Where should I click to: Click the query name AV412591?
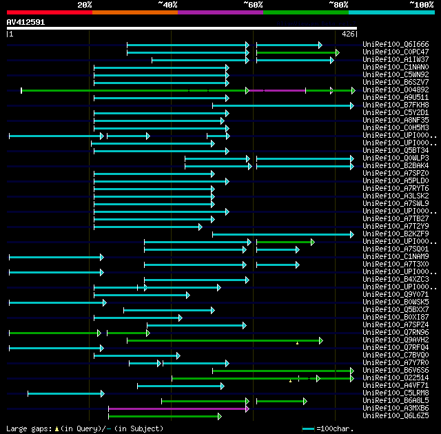pyautogui.click(x=25, y=22)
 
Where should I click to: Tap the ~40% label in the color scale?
pyautogui.click(x=167, y=5)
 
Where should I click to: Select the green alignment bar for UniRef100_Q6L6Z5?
pyautogui.click(x=164, y=416)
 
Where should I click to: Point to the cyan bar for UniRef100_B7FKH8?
pyautogui.click(x=283, y=105)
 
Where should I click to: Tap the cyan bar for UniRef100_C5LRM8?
pyautogui.click(x=65, y=393)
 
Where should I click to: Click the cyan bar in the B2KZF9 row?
pyautogui.click(x=283, y=234)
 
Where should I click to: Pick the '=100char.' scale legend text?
pyautogui.click(x=338, y=428)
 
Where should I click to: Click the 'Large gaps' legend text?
pyautogui.click(x=28, y=428)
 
